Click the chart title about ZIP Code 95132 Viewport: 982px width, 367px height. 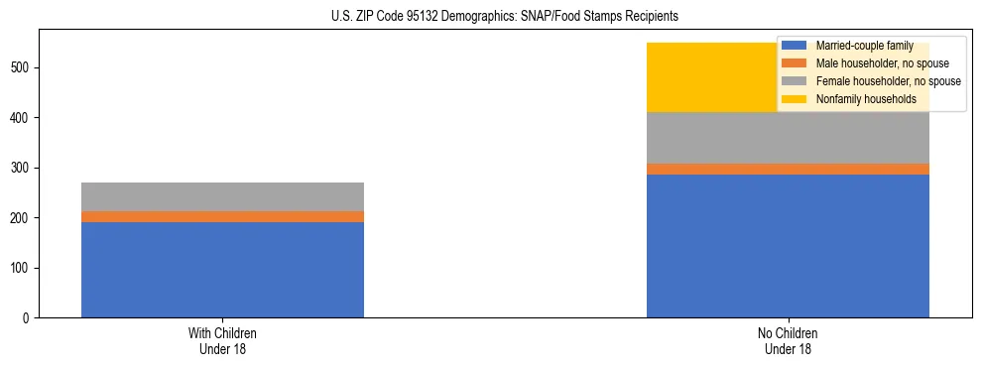click(505, 17)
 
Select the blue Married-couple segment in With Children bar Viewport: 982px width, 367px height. click(222, 269)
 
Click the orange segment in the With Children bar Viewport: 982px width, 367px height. click(222, 216)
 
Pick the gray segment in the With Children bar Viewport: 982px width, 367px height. click(222, 196)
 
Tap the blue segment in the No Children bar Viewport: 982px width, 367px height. click(788, 246)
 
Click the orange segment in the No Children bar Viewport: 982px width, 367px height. click(788, 169)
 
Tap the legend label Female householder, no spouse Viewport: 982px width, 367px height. click(888, 81)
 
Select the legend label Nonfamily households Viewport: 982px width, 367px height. click(866, 99)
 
